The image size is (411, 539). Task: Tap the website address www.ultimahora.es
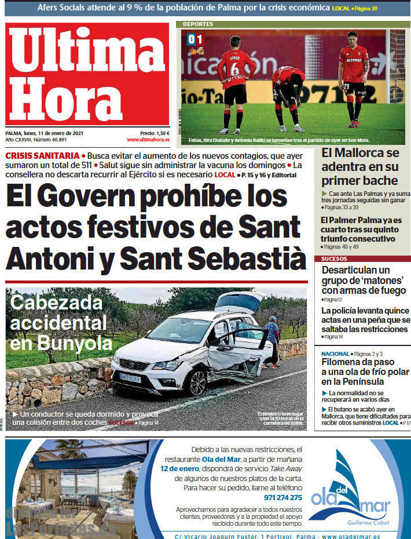(148, 140)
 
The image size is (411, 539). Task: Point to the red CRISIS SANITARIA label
(42, 156)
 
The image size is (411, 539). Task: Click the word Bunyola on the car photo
(75, 343)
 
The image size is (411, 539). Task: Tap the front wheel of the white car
(196, 383)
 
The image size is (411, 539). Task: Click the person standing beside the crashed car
(271, 342)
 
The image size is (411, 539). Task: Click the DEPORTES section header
(198, 24)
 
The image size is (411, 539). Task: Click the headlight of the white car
(167, 366)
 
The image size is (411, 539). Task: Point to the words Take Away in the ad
(287, 469)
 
